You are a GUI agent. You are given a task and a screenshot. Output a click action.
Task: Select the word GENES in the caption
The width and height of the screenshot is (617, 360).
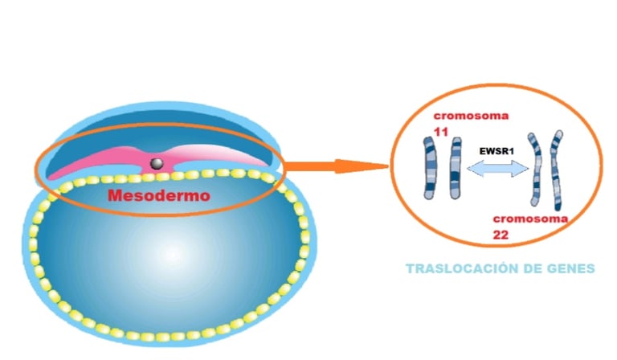570,268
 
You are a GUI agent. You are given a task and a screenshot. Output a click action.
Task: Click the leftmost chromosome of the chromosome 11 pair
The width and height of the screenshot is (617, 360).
429,167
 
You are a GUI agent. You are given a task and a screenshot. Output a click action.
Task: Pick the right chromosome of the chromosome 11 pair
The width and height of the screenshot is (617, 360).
456,167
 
